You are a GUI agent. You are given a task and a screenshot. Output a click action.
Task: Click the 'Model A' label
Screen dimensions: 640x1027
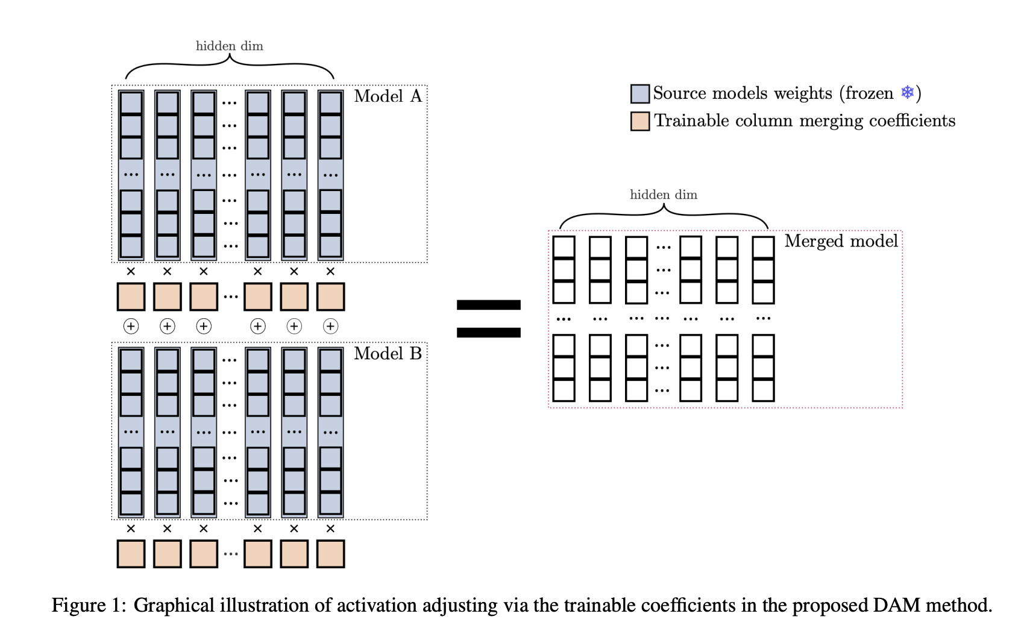(x=388, y=96)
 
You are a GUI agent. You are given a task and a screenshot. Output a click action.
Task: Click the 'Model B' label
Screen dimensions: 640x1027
(x=388, y=354)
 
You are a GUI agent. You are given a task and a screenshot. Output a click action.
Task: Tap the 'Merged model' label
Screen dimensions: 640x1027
(x=841, y=241)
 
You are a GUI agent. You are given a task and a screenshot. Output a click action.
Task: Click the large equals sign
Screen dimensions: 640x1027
(x=488, y=318)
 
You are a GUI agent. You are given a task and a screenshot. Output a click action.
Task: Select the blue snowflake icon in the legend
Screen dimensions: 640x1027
(x=907, y=92)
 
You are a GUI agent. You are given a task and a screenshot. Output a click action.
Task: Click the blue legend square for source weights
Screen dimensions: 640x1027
(x=639, y=93)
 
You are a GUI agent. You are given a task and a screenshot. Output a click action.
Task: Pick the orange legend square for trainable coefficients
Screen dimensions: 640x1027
(x=639, y=121)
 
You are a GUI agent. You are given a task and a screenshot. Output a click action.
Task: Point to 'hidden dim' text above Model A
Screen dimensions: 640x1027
(x=229, y=46)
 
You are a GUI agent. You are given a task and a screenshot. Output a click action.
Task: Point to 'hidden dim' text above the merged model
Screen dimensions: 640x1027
(x=663, y=195)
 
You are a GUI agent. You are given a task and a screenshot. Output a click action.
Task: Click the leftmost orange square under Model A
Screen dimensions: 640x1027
(x=131, y=296)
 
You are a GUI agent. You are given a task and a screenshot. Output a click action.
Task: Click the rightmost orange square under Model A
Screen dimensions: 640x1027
(x=330, y=296)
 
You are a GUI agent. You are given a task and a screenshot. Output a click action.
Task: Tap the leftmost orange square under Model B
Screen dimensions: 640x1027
(x=131, y=554)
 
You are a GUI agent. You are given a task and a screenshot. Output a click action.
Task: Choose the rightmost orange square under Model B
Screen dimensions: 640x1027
(x=330, y=554)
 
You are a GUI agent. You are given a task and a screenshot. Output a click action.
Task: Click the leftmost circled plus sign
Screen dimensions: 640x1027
(x=131, y=326)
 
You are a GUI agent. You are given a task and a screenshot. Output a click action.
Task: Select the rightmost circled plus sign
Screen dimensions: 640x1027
(x=330, y=326)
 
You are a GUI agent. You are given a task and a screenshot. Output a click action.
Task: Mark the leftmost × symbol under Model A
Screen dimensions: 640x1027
(x=131, y=272)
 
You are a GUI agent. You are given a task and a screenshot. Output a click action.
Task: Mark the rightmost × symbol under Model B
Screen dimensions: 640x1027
(x=330, y=529)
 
